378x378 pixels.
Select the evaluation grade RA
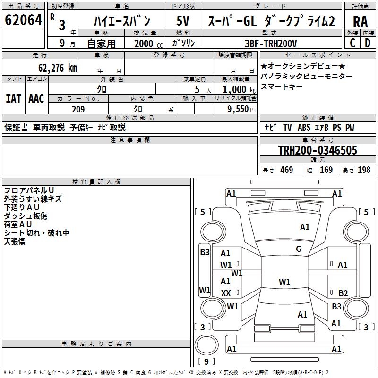pyautogui.click(x=360, y=21)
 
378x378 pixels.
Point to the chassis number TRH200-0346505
pyautogui.click(x=318, y=150)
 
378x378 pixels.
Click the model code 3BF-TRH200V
pyautogui.click(x=271, y=43)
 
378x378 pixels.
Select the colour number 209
pyautogui.click(x=78, y=109)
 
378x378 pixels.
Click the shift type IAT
pyautogui.click(x=13, y=99)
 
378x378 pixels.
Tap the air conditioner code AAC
pyautogui.click(x=36, y=99)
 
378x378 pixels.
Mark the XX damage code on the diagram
pyautogui.click(x=226, y=293)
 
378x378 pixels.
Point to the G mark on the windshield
pyautogui.click(x=299, y=249)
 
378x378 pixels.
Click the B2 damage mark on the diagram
pyautogui.click(x=343, y=293)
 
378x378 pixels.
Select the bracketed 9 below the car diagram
pyautogui.click(x=206, y=362)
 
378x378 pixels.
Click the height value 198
pyautogui.click(x=364, y=170)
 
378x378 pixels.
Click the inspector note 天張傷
pyautogui.click(x=14, y=241)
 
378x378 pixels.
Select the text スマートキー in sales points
pyautogui.click(x=282, y=87)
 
